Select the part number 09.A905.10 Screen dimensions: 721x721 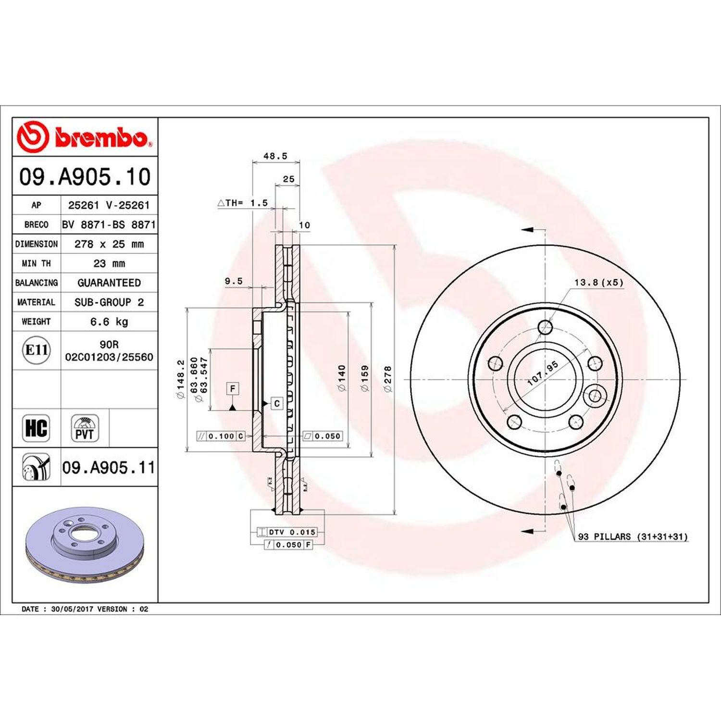coord(85,177)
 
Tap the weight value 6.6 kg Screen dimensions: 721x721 coord(109,322)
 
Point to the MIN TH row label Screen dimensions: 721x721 coord(36,263)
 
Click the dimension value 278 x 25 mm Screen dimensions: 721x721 coord(109,244)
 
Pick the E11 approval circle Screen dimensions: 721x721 coord(36,350)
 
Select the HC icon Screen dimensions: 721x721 coord(36,428)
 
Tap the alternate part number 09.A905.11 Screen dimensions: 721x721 coord(109,467)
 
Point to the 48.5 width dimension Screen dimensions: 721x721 coord(275,156)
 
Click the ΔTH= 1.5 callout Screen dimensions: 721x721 coord(243,203)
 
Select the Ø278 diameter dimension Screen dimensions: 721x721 coord(388,379)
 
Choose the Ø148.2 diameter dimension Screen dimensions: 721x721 coord(181,379)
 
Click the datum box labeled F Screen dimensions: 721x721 coord(233,388)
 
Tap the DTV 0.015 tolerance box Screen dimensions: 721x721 coord(286,532)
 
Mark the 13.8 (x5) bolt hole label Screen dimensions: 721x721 coord(598,283)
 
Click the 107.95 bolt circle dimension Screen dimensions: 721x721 coord(543,373)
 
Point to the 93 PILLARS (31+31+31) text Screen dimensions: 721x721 coord(633,536)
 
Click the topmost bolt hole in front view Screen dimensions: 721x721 coord(545,327)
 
